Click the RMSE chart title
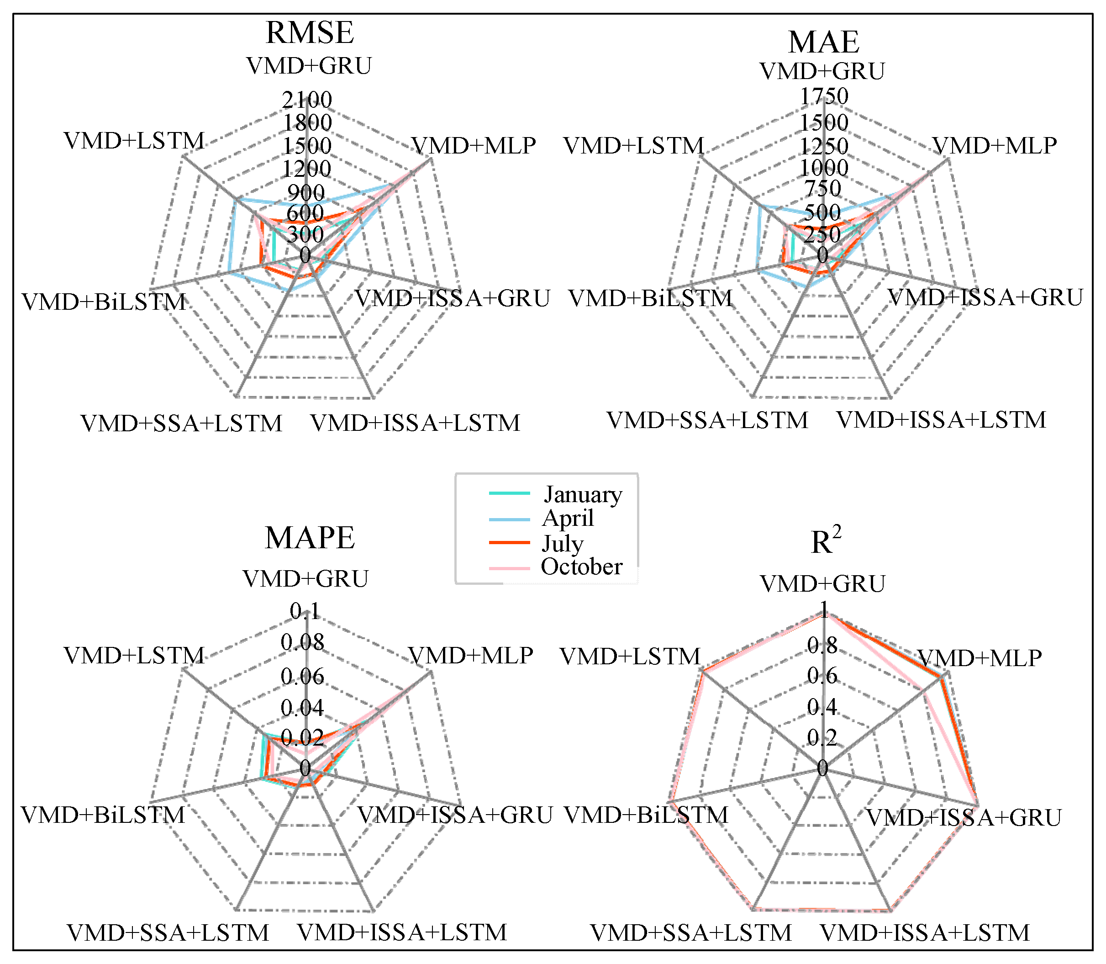310,33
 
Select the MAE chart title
823,42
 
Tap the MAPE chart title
310,537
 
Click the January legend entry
582,494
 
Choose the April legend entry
568,518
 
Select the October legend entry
581,567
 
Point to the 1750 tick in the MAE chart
824,96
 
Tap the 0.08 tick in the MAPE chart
303,642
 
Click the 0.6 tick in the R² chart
822,676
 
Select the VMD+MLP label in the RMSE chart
474,145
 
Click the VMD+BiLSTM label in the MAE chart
651,298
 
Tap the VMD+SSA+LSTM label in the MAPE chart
168,933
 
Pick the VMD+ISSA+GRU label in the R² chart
964,818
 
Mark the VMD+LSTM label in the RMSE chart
134,141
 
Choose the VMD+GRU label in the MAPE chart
305,579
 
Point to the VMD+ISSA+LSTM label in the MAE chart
941,420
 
